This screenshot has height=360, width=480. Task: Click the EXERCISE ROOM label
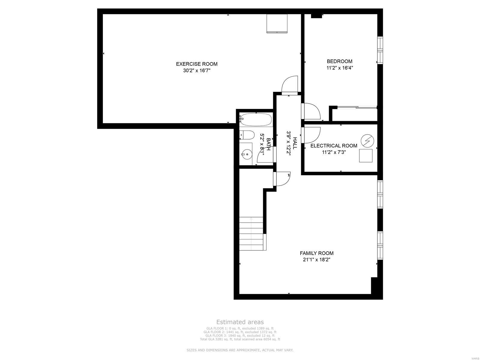[x=196, y=64]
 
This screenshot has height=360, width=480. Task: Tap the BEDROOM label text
[x=340, y=61]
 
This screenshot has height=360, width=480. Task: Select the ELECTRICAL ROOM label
[x=334, y=146]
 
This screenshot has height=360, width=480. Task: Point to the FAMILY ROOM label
[x=316, y=253]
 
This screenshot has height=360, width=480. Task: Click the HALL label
[x=295, y=143]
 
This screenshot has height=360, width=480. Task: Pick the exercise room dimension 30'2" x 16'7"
[x=196, y=71]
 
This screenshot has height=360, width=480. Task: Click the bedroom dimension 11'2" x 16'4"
[x=340, y=68]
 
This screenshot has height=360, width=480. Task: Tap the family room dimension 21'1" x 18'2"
[x=316, y=260]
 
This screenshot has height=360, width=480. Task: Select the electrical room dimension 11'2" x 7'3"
[x=334, y=152]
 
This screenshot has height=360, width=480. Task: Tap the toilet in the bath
[x=247, y=135]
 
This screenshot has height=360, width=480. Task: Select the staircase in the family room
[x=251, y=233]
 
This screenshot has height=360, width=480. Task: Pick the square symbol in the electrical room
[x=366, y=156]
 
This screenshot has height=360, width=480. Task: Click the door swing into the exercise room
[x=290, y=85]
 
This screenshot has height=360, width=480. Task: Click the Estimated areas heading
[x=240, y=322]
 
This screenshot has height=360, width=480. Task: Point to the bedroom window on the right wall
[x=380, y=50]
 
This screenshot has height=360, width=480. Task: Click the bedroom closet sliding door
[x=357, y=107]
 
